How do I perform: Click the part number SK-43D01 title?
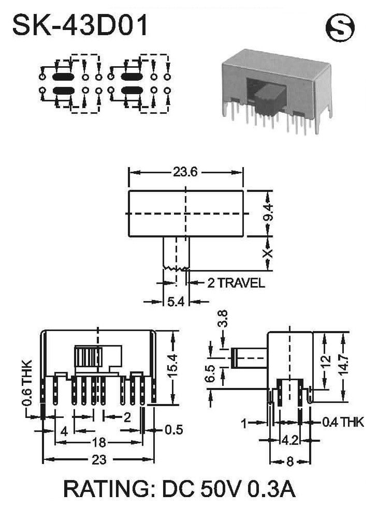tap(80, 24)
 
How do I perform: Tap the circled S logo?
tap(340, 27)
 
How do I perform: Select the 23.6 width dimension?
tap(185, 172)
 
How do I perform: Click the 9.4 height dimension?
tap(268, 213)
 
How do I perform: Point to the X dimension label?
tap(268, 253)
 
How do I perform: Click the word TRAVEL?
tap(241, 283)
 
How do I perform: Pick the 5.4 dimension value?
tap(176, 302)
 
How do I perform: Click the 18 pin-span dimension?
tap(99, 442)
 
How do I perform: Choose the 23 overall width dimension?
tap(99, 460)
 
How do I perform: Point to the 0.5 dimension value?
tap(174, 430)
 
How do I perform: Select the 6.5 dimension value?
tap(211, 373)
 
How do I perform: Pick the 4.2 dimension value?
tap(290, 441)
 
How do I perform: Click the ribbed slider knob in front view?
tap(88, 357)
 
